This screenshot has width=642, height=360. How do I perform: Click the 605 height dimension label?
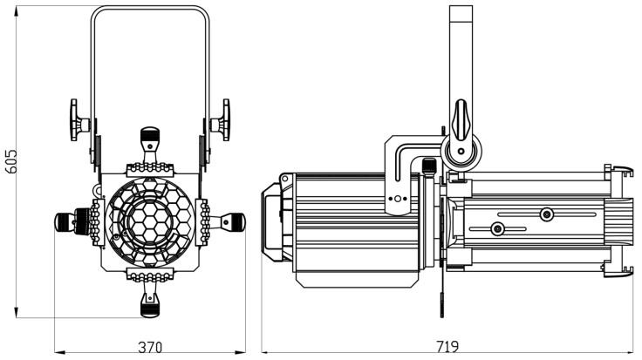pos(11,161)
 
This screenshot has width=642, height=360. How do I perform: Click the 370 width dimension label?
pos(150,347)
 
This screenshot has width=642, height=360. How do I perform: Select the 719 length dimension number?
pos(447,347)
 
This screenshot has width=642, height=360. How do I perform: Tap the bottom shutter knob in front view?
pos(150,306)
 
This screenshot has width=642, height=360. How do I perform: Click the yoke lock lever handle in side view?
pos(461,119)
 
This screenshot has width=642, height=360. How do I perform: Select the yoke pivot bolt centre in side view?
pos(461,152)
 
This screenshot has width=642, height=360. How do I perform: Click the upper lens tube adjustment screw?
pos(546,214)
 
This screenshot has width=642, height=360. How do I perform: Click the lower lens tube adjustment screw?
pos(497,228)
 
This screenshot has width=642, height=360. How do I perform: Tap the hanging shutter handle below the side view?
pos(442,304)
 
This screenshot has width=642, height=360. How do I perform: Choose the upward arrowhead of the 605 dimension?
pos(17,11)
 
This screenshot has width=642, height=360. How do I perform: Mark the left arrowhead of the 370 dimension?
pos(60,351)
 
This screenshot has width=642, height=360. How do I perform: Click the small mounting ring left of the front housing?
pos(98,190)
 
